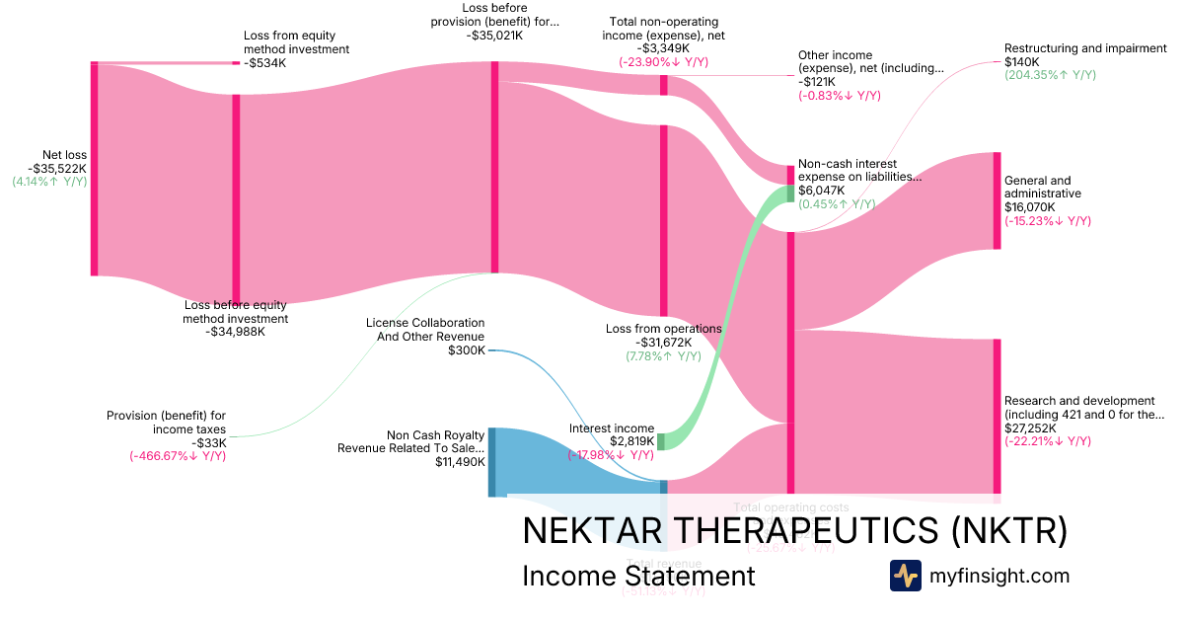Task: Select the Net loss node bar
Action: [x=95, y=168]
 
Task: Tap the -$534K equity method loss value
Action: [x=264, y=63]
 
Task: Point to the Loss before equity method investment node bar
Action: [x=236, y=197]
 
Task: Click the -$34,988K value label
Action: [x=236, y=332]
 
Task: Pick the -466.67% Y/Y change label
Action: [x=178, y=456]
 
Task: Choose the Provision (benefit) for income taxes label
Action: [x=167, y=423]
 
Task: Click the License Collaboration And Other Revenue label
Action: [x=425, y=330]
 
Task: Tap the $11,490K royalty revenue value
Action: [x=460, y=461]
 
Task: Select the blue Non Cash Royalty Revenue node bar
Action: [x=492, y=462]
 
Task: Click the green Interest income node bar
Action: [x=662, y=441]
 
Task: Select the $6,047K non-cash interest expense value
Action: [x=822, y=191]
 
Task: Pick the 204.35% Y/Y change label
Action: [x=1050, y=75]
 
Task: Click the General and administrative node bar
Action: [x=997, y=200]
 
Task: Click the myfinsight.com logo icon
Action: [x=905, y=576]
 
